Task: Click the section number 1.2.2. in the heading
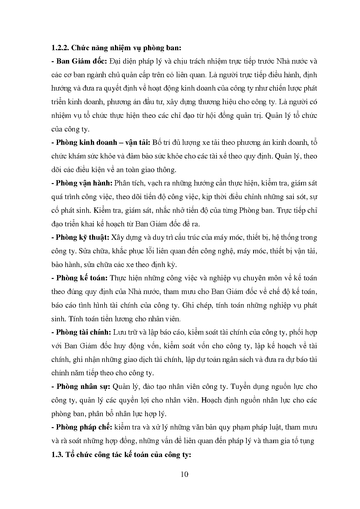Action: point(60,48)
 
